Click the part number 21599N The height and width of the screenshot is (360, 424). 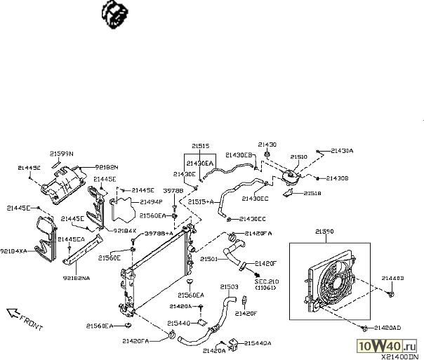(61, 153)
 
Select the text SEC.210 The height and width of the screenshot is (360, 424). (267, 281)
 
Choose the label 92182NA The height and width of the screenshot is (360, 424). (76, 278)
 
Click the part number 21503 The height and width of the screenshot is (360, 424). (229, 286)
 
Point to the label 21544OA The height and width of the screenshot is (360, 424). (258, 343)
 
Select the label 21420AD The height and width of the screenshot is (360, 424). (387, 328)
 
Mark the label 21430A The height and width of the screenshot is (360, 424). (342, 151)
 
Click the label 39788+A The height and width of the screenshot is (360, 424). (159, 233)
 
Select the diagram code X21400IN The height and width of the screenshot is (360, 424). (402, 356)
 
